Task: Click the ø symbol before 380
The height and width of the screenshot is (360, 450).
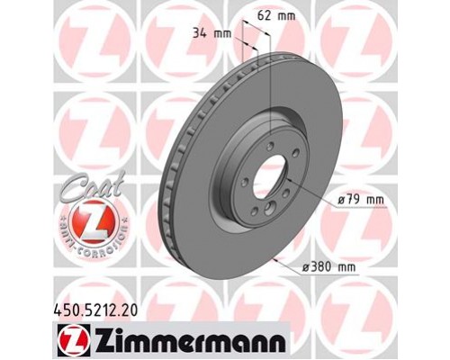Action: coord(309,268)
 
